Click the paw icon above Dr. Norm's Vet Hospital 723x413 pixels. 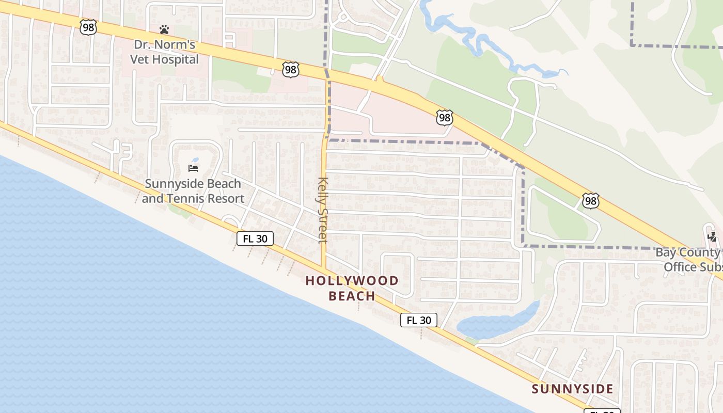click(x=164, y=29)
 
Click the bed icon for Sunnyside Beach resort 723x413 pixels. click(x=193, y=168)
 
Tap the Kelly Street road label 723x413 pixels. click(x=323, y=210)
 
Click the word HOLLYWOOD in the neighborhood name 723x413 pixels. click(x=352, y=281)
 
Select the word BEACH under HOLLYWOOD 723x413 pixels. click(x=352, y=296)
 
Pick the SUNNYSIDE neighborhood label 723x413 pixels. click(x=573, y=389)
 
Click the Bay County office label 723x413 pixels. click(x=689, y=260)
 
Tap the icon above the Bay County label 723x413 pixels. click(x=712, y=237)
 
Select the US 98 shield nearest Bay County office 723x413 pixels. click(x=590, y=200)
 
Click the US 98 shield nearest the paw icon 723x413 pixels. click(x=88, y=27)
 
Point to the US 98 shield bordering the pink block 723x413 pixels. click(x=444, y=118)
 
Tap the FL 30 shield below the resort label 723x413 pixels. click(x=255, y=239)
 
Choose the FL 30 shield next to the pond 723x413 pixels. click(x=419, y=320)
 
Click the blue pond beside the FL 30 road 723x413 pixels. click(x=491, y=323)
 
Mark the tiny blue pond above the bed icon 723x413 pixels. click(x=195, y=160)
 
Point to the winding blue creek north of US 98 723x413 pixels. click(x=475, y=41)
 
